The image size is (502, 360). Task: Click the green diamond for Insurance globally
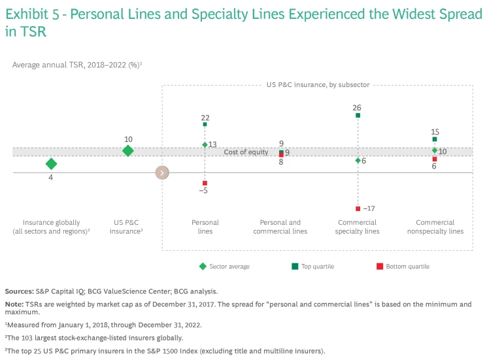pyautogui.click(x=51, y=163)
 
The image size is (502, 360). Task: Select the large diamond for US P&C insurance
pyautogui.click(x=128, y=151)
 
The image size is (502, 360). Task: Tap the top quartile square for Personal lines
pyautogui.click(x=205, y=124)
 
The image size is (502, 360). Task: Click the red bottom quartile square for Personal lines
pyautogui.click(x=205, y=183)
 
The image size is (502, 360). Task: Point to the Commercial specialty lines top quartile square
pyautogui.click(x=358, y=115)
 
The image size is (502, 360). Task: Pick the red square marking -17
pyautogui.click(x=358, y=208)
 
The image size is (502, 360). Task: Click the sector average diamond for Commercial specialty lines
pyautogui.click(x=358, y=160)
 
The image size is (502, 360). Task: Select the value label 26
pyautogui.click(x=357, y=107)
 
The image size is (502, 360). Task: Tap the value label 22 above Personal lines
pyautogui.click(x=205, y=117)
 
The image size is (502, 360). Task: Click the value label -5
pyautogui.click(x=204, y=191)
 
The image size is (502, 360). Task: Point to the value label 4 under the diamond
pyautogui.click(x=51, y=176)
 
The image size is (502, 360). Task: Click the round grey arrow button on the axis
pyautogui.click(x=162, y=172)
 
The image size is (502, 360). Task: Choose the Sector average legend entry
pyautogui.click(x=226, y=267)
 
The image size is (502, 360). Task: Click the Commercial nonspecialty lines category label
pyautogui.click(x=439, y=227)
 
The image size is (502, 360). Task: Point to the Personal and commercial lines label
pyautogui.click(x=281, y=227)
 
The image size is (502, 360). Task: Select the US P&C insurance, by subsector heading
pyautogui.click(x=318, y=85)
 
